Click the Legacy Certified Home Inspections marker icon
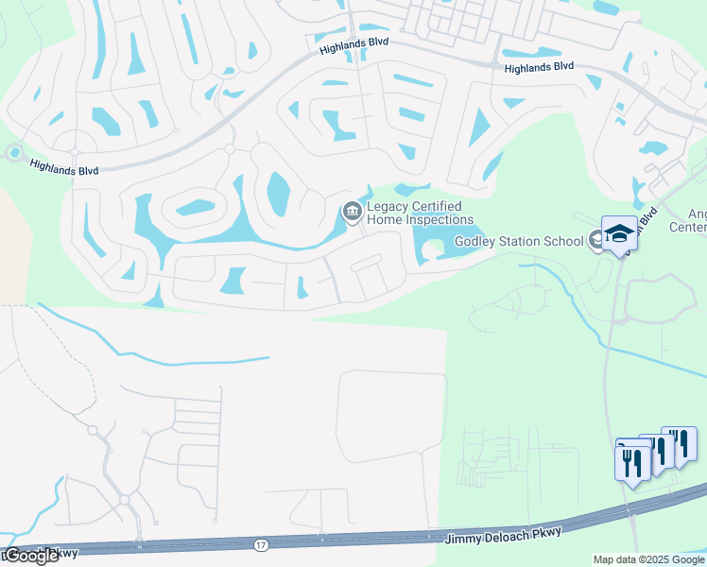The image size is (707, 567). point(352,211)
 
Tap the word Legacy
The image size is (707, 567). point(387,207)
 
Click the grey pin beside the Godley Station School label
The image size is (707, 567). point(595,240)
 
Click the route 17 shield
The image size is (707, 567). point(260,544)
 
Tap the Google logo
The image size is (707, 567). point(31,556)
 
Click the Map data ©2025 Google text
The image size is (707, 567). point(648,559)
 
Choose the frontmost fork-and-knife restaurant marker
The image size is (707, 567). point(632,463)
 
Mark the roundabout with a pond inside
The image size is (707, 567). point(13,152)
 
